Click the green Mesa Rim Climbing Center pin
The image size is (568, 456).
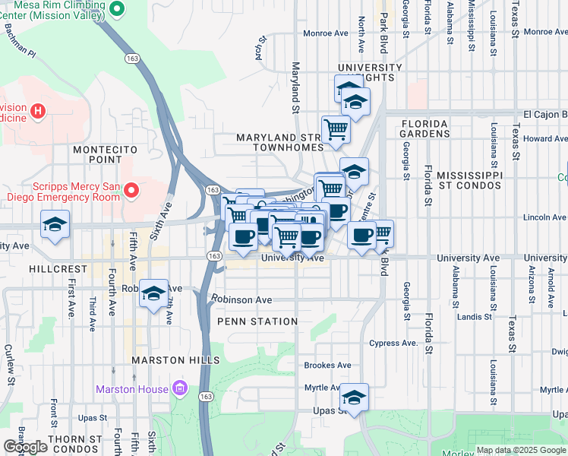pos(116,10)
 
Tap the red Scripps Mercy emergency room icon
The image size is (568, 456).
pos(131,189)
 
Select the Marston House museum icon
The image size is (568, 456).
pos(179,390)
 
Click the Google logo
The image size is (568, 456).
pos(25,447)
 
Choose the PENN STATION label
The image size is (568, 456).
pos(257,321)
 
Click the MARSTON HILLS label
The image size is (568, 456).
pos(175,359)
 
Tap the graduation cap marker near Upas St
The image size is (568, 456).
pos(354,397)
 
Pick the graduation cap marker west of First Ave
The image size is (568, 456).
pos(55,226)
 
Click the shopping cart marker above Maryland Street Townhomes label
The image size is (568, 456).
pos(336,128)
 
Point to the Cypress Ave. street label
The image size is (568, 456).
pos(394,343)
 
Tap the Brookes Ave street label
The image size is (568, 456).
pos(327,365)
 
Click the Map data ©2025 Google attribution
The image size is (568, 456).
pos(521,450)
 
